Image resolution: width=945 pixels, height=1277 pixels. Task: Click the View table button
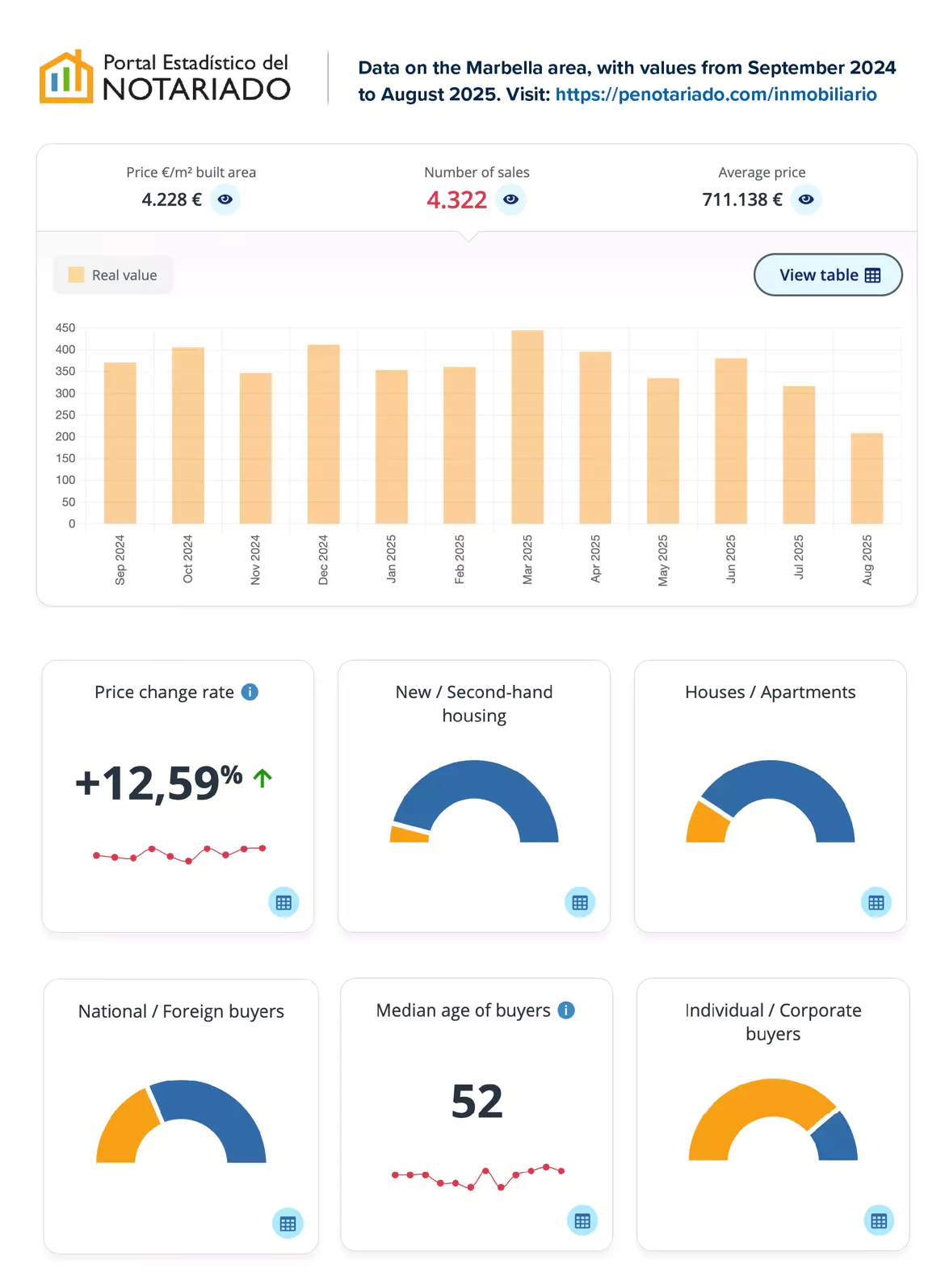point(828,275)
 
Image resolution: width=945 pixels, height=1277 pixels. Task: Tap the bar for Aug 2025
point(867,478)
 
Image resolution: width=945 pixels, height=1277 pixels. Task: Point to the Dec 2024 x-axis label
point(323,559)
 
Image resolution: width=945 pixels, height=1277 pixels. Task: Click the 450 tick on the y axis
point(65,328)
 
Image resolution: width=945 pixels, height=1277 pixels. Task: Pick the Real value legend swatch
point(76,275)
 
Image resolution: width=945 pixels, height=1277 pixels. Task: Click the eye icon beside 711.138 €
point(806,200)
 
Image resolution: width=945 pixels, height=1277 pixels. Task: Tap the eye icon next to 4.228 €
point(225,200)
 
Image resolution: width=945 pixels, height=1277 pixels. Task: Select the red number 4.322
point(456,200)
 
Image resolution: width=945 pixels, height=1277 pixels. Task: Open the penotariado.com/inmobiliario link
point(716,95)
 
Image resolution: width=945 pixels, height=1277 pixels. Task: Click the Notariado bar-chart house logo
point(66,78)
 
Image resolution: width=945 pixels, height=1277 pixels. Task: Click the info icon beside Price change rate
point(250,692)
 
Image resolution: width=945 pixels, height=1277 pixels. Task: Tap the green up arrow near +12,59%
point(262,778)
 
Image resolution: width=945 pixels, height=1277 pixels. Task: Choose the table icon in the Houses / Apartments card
point(876,902)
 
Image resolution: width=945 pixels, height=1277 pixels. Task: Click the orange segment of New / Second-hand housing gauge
point(409,834)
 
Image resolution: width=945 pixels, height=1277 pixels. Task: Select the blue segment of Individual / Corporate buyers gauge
point(835,1136)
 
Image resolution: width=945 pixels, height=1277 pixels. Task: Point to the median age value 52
point(477,1101)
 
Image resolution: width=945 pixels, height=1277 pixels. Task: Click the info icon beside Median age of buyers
point(567,1010)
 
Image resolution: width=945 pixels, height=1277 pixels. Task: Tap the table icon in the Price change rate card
point(283,902)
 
